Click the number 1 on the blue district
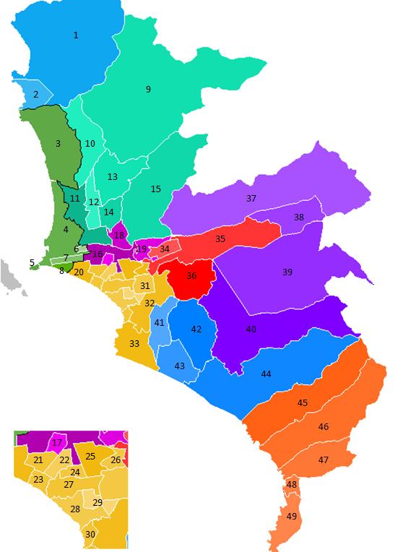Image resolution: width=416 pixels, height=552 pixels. click(76, 35)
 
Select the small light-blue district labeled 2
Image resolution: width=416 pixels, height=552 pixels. click(35, 95)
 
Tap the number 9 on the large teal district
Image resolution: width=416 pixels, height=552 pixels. click(148, 90)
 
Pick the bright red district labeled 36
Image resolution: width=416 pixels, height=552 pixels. click(191, 276)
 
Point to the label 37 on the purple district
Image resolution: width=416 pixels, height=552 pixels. click(251, 198)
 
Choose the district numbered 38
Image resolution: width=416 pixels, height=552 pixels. click(299, 217)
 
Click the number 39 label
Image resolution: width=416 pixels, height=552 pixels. click(287, 272)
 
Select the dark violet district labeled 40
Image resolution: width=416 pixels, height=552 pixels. click(251, 329)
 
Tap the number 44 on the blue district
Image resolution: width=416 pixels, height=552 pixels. click(266, 374)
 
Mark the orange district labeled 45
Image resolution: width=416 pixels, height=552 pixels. click(303, 402)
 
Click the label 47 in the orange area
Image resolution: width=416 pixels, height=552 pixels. click(324, 460)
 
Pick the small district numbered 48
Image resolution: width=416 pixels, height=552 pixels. click(292, 484)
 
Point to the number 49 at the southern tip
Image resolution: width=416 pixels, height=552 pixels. click(292, 516)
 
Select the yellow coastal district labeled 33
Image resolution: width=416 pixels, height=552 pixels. click(134, 343)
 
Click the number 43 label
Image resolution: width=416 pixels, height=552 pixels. click(180, 366)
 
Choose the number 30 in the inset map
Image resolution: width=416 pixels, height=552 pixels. click(90, 535)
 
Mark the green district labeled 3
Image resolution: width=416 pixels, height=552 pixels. click(58, 144)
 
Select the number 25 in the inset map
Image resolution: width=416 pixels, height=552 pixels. click(90, 456)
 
